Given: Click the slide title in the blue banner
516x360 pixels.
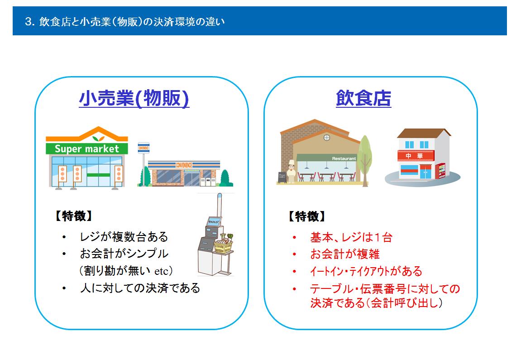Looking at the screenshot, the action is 125,22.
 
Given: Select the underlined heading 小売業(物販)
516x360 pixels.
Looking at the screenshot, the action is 134,98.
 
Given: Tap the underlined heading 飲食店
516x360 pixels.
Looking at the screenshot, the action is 363,98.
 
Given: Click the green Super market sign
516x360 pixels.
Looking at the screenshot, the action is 86,149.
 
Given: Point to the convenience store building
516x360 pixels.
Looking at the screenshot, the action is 184,174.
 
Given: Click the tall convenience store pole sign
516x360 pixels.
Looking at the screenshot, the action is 143,163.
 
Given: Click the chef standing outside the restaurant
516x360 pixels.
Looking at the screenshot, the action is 291,171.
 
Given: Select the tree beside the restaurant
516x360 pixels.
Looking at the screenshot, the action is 365,160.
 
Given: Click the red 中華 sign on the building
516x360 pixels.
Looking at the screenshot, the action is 416,155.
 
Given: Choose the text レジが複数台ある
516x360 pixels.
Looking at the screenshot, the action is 124,236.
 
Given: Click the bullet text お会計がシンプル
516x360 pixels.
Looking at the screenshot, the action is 124,253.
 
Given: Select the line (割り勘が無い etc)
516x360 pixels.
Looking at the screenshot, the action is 126,271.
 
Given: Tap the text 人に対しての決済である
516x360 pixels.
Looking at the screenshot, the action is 140,288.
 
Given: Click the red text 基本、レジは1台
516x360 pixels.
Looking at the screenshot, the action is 351,237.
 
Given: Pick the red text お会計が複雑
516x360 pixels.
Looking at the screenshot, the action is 345,254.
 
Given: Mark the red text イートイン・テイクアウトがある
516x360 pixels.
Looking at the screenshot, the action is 366,271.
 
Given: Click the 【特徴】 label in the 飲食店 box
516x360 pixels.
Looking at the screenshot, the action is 307,216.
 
